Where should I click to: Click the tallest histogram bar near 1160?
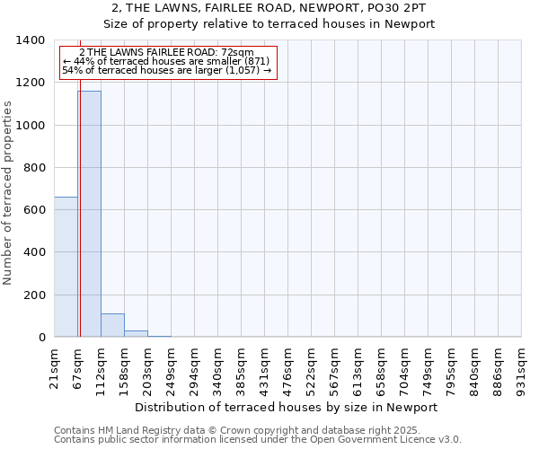click(x=89, y=214)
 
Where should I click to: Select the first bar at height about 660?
click(x=66, y=267)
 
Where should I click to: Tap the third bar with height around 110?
click(x=112, y=325)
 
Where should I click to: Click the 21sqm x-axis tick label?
click(x=55, y=364)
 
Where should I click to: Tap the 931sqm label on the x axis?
click(x=522, y=364)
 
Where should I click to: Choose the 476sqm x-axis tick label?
click(x=288, y=364)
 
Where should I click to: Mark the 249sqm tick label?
click(x=172, y=364)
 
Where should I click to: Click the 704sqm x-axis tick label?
click(x=405, y=364)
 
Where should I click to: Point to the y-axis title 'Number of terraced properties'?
click(x=9, y=192)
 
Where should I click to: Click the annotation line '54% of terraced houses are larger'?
click(x=167, y=70)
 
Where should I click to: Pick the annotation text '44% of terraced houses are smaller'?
click(x=167, y=61)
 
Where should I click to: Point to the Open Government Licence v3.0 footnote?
click(x=258, y=440)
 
